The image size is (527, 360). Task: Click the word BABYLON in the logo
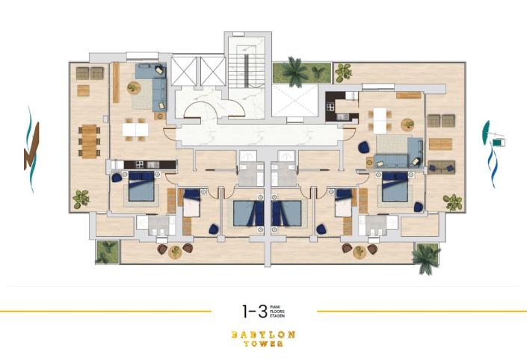click(x=263, y=334)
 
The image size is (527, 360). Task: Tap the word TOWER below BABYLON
click(x=263, y=344)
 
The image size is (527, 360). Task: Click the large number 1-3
click(x=254, y=311)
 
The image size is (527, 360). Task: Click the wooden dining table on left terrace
click(x=88, y=141)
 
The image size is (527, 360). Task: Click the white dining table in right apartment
click(x=381, y=118)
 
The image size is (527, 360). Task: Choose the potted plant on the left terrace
click(x=81, y=199)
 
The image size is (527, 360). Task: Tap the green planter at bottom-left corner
click(x=107, y=251)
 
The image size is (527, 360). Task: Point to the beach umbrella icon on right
click(x=496, y=138)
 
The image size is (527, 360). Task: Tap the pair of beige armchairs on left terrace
click(x=90, y=72)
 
